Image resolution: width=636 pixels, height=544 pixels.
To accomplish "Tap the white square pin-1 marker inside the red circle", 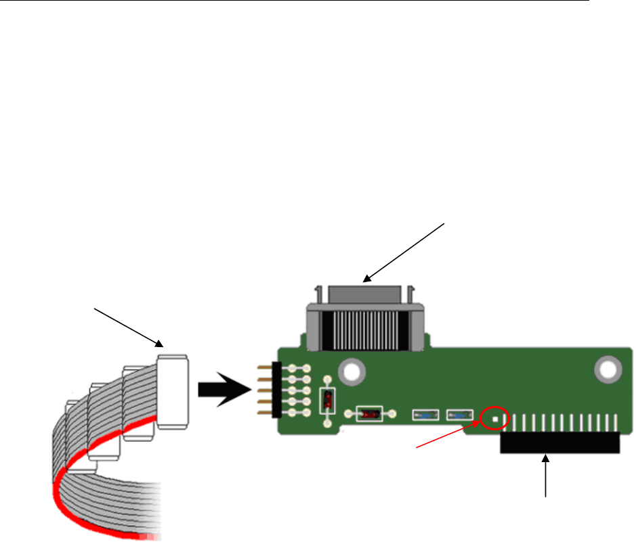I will [x=496, y=418].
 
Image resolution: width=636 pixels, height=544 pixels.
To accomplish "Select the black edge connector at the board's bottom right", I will [x=559, y=443].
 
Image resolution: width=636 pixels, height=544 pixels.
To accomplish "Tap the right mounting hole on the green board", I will [x=606, y=369].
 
